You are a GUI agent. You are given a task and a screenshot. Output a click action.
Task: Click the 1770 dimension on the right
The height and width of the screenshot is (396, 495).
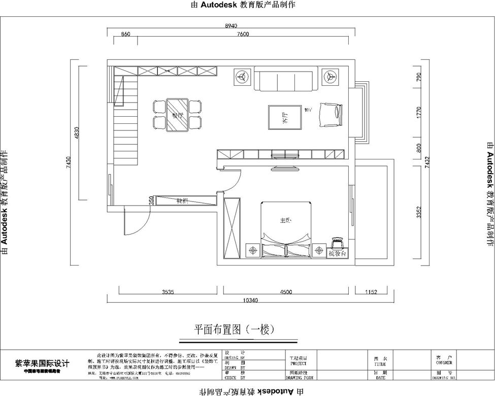pyautogui.click(x=419, y=113)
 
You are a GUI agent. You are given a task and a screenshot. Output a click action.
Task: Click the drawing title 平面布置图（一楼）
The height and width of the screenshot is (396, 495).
pyautogui.click(x=234, y=329)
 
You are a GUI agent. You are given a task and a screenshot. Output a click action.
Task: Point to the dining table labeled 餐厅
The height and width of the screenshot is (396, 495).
pyautogui.click(x=177, y=115)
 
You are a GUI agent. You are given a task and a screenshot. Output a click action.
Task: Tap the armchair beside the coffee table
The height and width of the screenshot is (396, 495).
pyautogui.click(x=331, y=114)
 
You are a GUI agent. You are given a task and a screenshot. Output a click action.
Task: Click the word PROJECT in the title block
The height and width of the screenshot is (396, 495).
pyautogui.click(x=298, y=364)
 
